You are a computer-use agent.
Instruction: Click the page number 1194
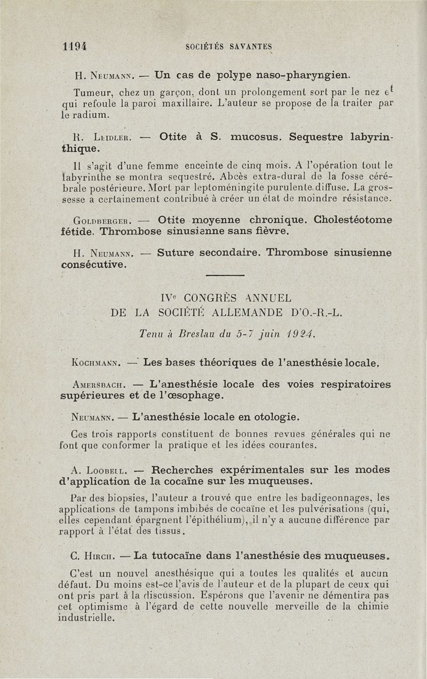coord(74,46)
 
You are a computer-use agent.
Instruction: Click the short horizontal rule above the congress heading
coord(225,275)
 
